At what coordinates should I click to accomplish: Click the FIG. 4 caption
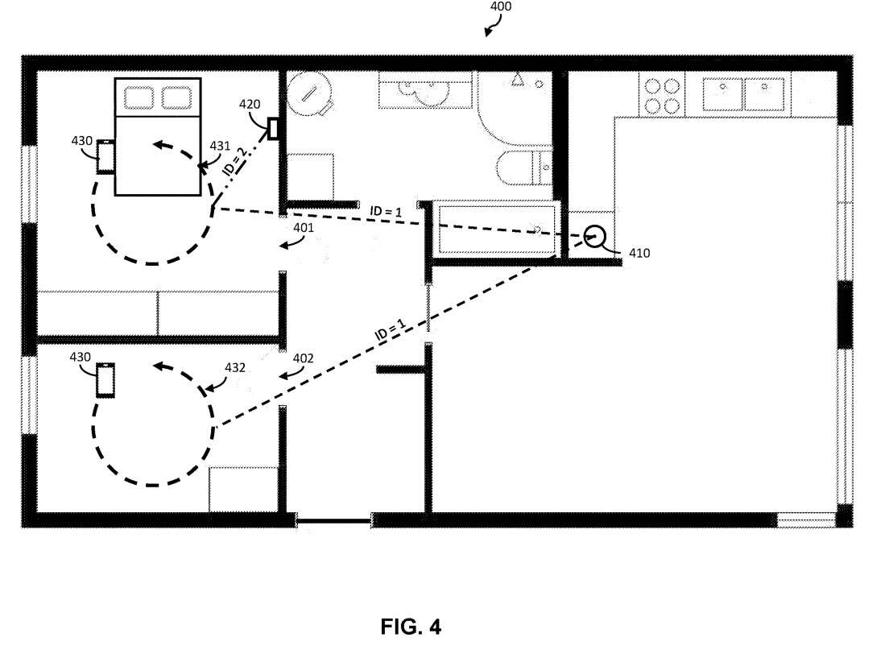tap(411, 627)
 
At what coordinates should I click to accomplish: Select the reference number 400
tap(500, 6)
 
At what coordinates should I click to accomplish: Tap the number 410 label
tap(639, 253)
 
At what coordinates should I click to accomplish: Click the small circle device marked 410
tap(594, 236)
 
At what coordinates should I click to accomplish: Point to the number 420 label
tap(250, 105)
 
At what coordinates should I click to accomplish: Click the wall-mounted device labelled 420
tap(274, 129)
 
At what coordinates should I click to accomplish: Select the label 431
tap(220, 146)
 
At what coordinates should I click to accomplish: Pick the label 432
tap(234, 367)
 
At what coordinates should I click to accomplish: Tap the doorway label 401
tap(304, 227)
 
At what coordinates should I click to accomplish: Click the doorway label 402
tap(304, 358)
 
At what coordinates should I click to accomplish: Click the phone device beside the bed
tap(105, 156)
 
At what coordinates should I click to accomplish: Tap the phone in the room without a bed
tap(105, 380)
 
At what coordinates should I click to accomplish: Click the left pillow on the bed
tap(139, 97)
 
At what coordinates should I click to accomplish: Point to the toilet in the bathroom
tap(524, 168)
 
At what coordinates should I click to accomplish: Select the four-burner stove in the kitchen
tap(662, 95)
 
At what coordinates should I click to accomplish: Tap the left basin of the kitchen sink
tap(723, 94)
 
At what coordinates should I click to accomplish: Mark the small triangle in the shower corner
tap(517, 80)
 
